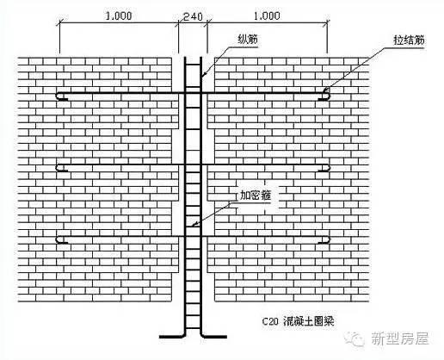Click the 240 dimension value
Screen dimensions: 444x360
[193, 16]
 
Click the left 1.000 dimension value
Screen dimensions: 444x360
[119, 16]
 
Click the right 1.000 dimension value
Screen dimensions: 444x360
[267, 16]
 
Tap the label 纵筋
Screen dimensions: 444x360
[248, 40]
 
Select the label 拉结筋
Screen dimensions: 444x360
[409, 40]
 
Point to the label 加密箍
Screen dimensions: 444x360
[256, 196]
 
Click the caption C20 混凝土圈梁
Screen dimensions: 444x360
[299, 321]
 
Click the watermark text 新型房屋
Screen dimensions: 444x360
[400, 338]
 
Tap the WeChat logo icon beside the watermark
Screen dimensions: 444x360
[355, 338]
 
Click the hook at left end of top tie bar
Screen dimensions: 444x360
[61, 96]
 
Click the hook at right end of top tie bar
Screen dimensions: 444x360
[324, 96]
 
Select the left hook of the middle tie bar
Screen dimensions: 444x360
[61, 168]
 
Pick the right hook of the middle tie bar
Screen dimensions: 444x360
[324, 168]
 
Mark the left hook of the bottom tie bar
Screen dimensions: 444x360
[61, 240]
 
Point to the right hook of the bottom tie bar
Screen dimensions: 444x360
[324, 240]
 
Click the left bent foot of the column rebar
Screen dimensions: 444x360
[172, 336]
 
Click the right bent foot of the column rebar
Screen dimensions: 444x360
[213, 336]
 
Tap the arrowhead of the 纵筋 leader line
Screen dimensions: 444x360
[203, 75]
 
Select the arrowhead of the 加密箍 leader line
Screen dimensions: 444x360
[194, 225]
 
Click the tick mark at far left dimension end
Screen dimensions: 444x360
[59, 22]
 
